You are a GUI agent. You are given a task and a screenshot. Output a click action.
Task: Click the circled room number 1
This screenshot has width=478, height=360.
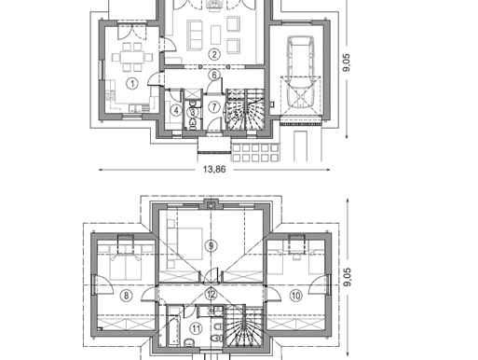(x=132, y=83)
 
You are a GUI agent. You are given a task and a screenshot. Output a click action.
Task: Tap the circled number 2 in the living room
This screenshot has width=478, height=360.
(x=214, y=54)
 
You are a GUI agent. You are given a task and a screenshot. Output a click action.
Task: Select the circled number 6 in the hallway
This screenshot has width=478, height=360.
(x=214, y=75)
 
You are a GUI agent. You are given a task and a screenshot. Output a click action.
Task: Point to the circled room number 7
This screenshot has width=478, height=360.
(x=214, y=106)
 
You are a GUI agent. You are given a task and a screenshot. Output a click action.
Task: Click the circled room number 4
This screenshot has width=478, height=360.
(x=176, y=110)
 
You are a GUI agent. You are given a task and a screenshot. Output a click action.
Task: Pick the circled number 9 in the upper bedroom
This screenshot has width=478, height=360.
(x=212, y=245)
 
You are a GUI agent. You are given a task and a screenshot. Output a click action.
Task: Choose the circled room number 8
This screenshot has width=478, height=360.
(x=126, y=295)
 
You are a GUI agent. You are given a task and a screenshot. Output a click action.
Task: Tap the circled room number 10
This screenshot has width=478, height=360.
(x=295, y=295)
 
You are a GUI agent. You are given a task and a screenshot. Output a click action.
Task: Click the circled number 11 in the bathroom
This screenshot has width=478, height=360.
(x=196, y=328)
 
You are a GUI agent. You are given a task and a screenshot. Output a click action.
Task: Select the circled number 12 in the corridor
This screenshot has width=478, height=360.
(x=212, y=294)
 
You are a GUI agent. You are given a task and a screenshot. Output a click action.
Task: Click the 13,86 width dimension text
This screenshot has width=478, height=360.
(x=214, y=170)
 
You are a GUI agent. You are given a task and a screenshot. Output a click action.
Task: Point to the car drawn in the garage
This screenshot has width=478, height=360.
(x=300, y=72)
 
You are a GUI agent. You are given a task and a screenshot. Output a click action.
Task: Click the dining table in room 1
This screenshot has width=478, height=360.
(x=132, y=57)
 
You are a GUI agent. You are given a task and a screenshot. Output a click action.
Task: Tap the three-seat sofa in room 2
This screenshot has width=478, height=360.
(x=195, y=35)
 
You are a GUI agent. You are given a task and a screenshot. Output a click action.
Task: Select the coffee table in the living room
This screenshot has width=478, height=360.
(x=216, y=35)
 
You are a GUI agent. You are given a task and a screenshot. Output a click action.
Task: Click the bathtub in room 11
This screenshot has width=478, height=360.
(x=174, y=331)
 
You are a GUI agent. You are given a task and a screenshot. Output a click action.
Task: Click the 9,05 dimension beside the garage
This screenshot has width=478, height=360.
(x=347, y=62)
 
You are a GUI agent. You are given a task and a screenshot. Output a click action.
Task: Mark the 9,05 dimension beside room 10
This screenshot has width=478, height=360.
(x=348, y=277)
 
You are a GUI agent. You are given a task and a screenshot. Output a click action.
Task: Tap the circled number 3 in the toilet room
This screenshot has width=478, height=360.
(x=193, y=113)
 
